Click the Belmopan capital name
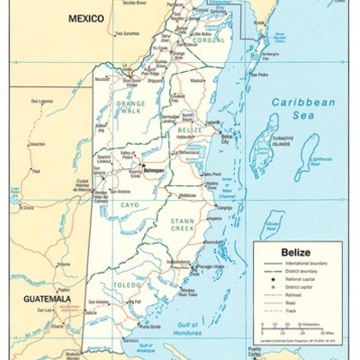[156, 169]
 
